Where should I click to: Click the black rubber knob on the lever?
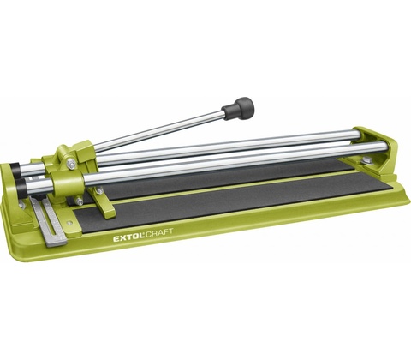(238, 108)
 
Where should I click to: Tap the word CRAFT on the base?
(160, 232)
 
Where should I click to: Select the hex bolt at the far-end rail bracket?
(365, 162)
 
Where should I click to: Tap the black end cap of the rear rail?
(14, 169)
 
